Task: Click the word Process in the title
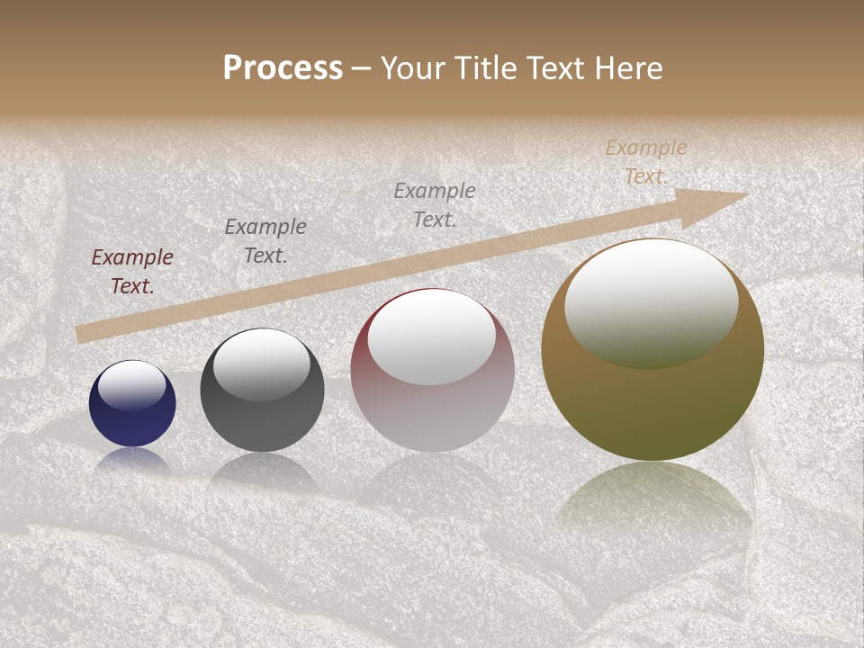coord(283,68)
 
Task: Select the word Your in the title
coord(414,68)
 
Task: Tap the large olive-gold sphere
coord(652,396)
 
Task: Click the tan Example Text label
coord(646,162)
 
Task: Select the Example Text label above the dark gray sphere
coord(265,241)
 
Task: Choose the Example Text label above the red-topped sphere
coord(435,204)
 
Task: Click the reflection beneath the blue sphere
coord(132,461)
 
